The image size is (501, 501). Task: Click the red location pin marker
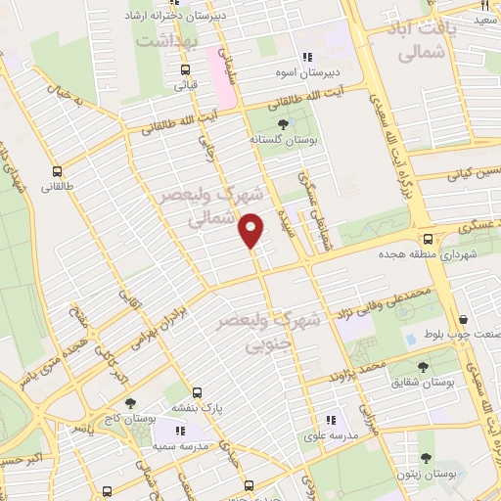pyautogui.click(x=251, y=230)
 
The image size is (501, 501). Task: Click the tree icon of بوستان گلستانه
pyautogui.click(x=284, y=124)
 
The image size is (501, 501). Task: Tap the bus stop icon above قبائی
pyautogui.click(x=185, y=68)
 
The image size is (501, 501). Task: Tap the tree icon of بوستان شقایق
pyautogui.click(x=423, y=367)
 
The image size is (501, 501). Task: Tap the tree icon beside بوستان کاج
pyautogui.click(x=131, y=402)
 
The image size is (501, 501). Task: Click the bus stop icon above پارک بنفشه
pyautogui.click(x=197, y=389)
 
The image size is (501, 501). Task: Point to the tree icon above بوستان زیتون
pyautogui.click(x=425, y=457)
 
